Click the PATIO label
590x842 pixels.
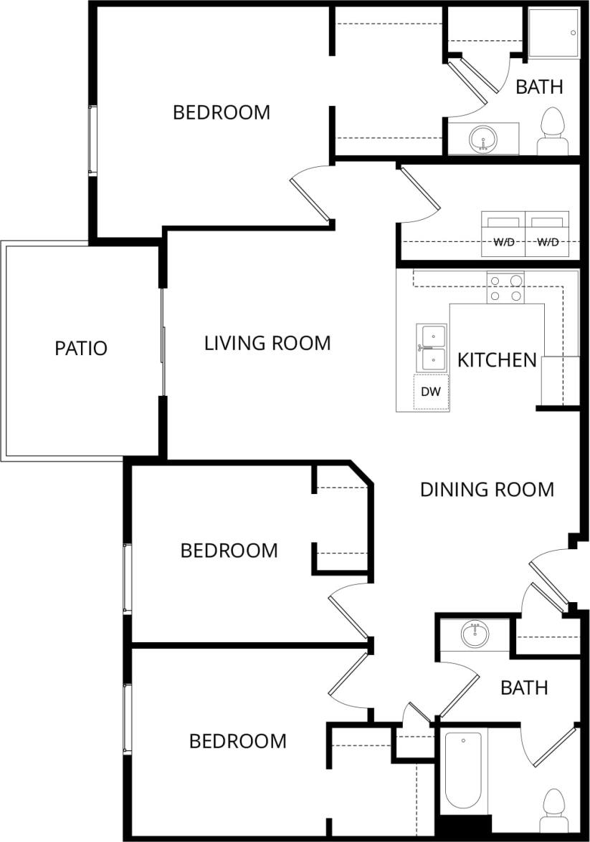click(x=81, y=349)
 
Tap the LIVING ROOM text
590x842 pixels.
click(x=267, y=344)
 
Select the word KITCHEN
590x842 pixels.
click(x=497, y=359)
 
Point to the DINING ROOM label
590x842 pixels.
click(x=487, y=490)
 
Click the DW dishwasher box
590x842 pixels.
click(x=431, y=392)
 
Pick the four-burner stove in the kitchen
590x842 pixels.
click(x=505, y=288)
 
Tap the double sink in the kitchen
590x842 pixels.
click(x=432, y=347)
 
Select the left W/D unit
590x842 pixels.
click(x=503, y=234)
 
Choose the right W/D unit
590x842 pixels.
click(x=547, y=234)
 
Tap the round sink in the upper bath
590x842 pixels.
click(x=482, y=137)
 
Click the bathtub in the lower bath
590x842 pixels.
click(x=462, y=772)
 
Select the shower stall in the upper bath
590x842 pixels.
click(x=553, y=33)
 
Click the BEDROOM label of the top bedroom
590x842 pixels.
click(x=222, y=112)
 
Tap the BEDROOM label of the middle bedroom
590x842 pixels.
click(x=229, y=551)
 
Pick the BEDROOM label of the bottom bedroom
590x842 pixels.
click(x=237, y=741)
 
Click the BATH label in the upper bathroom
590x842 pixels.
click(x=539, y=87)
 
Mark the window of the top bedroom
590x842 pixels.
click(x=92, y=140)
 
